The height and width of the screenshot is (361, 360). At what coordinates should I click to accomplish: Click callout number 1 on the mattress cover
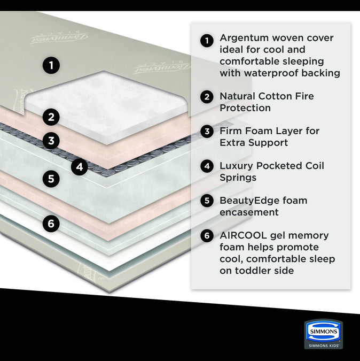click(x=51, y=66)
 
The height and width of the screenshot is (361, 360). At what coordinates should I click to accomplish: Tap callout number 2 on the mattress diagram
click(x=51, y=116)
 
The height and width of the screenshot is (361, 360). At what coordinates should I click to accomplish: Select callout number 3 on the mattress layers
click(x=51, y=141)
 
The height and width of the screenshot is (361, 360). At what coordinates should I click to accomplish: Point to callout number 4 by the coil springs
click(x=80, y=167)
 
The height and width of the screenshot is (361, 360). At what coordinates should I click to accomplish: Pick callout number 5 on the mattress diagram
click(x=51, y=179)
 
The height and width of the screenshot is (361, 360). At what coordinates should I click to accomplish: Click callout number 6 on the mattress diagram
click(x=51, y=224)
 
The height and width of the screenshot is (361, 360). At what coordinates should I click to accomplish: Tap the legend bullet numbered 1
click(x=207, y=40)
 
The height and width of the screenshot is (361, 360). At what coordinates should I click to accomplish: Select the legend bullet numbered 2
click(x=207, y=97)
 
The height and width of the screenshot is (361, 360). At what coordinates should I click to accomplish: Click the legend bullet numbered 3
click(x=207, y=132)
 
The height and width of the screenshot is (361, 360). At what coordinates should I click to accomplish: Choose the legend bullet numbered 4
click(x=207, y=166)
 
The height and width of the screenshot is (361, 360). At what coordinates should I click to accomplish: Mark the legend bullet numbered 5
click(x=207, y=201)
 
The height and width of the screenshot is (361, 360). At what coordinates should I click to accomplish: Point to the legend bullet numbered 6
click(x=207, y=236)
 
